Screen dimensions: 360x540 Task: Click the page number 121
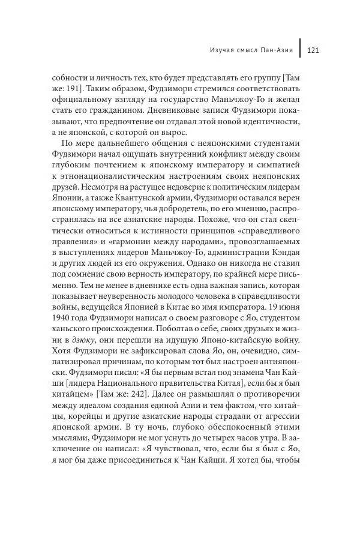pos(312,50)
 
